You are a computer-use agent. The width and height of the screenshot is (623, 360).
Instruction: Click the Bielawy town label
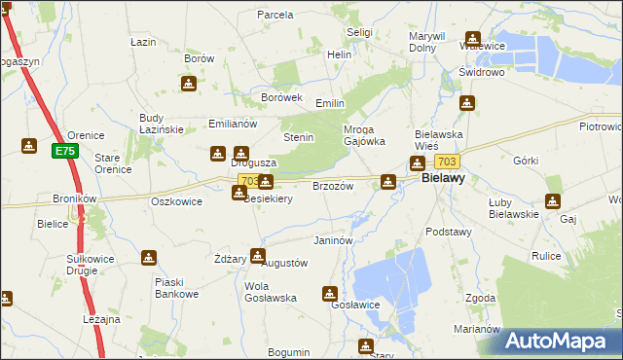coord(442,180)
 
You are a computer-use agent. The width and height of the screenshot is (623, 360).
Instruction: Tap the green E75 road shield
coord(64,151)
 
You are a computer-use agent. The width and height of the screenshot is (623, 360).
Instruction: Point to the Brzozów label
coord(331,186)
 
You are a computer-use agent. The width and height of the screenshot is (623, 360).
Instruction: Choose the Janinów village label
coord(332,240)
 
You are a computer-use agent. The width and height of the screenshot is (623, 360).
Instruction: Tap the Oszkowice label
coord(176,201)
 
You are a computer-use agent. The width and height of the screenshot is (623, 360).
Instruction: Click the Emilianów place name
coord(232,125)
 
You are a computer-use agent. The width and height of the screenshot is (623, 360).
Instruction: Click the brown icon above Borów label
coord(191,83)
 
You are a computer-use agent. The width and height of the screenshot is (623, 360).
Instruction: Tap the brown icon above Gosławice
coord(331,292)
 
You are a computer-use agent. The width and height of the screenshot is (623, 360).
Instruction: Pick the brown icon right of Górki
coord(553,201)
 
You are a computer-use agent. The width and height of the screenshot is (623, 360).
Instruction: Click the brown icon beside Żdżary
coord(257,256)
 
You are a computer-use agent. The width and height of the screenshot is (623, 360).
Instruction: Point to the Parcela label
coord(275,15)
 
